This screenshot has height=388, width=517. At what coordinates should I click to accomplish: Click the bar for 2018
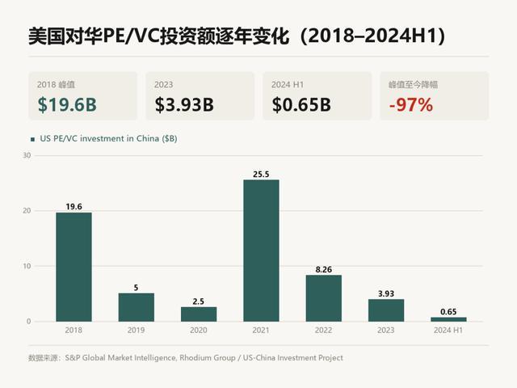click(x=74, y=267)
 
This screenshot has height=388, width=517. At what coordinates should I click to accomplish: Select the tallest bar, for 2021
click(x=261, y=251)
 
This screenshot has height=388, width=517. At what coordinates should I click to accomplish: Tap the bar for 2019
click(x=137, y=307)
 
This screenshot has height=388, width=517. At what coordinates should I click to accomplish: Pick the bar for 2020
click(x=199, y=314)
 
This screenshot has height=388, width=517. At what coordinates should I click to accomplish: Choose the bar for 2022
click(x=324, y=298)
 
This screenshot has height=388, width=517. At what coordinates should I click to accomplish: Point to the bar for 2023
click(x=386, y=310)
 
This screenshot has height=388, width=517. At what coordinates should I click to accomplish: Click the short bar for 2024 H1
click(x=449, y=319)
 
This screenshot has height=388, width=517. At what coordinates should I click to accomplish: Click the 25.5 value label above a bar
click(x=261, y=175)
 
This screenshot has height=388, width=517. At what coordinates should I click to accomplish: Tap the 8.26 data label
click(x=324, y=269)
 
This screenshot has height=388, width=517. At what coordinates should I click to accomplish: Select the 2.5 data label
click(x=199, y=302)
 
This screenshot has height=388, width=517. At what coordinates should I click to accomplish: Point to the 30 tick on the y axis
click(x=27, y=155)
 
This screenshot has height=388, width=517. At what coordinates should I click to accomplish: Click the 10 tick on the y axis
click(x=27, y=266)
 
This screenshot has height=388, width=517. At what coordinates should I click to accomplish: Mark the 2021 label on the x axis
click(x=261, y=330)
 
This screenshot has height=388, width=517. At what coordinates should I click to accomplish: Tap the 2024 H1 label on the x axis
click(x=448, y=330)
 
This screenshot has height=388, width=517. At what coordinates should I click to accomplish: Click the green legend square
click(x=32, y=139)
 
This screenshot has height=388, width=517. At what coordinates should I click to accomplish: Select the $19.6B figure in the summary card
click(x=67, y=104)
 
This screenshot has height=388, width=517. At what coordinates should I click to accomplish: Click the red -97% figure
click(x=411, y=104)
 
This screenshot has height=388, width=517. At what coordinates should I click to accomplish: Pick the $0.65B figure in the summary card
click(x=301, y=104)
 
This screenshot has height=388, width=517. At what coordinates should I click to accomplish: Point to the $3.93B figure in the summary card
click(x=184, y=104)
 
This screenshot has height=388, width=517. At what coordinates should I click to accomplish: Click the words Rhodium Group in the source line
click(x=208, y=357)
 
